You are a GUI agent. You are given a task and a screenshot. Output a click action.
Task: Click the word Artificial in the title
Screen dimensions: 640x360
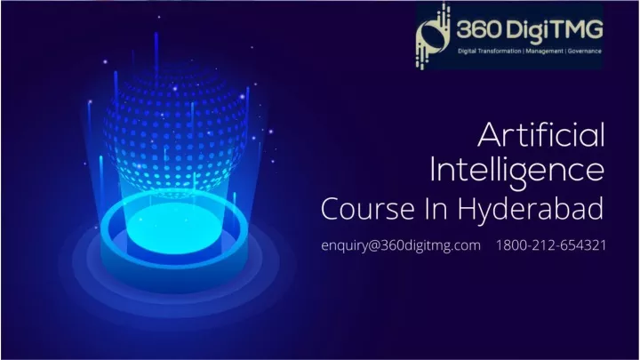pyautogui.click(x=540, y=135)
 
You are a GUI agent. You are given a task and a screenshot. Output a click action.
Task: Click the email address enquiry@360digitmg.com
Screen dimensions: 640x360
pyautogui.click(x=401, y=245)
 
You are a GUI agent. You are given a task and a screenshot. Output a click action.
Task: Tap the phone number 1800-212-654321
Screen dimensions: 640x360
pyautogui.click(x=551, y=245)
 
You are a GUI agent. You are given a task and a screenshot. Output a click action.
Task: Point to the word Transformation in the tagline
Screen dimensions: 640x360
pyautogui.click(x=500, y=51)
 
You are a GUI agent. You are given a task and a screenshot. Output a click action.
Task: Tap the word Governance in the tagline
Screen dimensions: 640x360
pyautogui.click(x=585, y=51)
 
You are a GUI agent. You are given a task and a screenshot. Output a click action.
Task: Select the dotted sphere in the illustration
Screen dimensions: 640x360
pyautogui.click(x=175, y=131)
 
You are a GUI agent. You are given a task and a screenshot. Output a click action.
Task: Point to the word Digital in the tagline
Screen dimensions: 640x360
pyautogui.click(x=467, y=51)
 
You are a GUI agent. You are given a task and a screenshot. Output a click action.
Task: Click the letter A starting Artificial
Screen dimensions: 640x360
pyautogui.click(x=490, y=135)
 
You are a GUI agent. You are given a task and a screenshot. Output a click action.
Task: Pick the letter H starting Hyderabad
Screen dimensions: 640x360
pyautogui.click(x=466, y=209)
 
